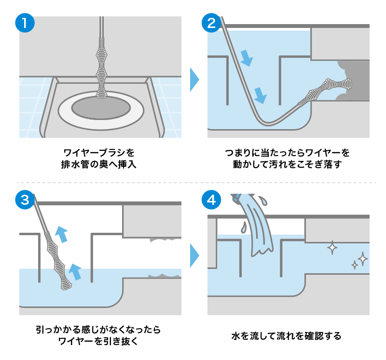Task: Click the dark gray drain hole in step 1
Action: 100,108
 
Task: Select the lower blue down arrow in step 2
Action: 260,94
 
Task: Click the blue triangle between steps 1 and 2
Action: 194,80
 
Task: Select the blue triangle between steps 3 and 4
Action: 194,255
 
